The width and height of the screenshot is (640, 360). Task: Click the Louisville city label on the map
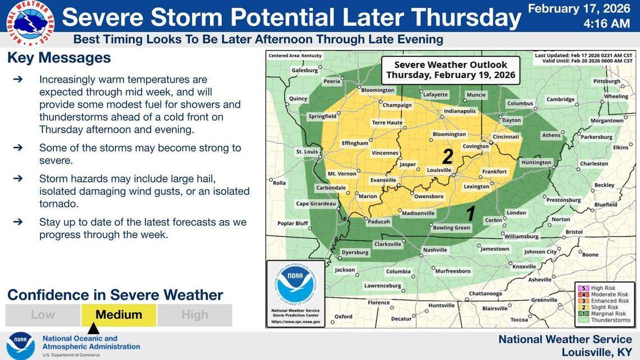tap(439, 170)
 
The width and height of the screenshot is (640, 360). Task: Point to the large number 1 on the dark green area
tap(472, 213)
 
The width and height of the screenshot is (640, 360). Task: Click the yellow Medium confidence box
tap(118, 315)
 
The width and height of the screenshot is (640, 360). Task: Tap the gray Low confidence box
tap(43, 315)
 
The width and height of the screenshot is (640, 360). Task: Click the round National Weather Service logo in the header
tap(30, 23)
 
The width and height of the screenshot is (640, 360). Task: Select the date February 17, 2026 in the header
tap(579, 8)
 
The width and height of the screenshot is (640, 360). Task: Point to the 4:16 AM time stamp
tap(606, 24)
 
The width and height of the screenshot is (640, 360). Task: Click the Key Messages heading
tap(59, 58)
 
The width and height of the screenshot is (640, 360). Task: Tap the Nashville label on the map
tap(435, 249)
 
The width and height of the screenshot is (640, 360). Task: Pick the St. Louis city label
tap(307, 152)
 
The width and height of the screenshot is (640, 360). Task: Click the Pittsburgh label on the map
tap(607, 81)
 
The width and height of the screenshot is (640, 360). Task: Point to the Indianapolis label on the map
tap(459, 111)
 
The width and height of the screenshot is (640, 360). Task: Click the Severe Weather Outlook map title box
tap(450, 70)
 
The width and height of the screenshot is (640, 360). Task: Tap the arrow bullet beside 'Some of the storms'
tap(18, 148)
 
